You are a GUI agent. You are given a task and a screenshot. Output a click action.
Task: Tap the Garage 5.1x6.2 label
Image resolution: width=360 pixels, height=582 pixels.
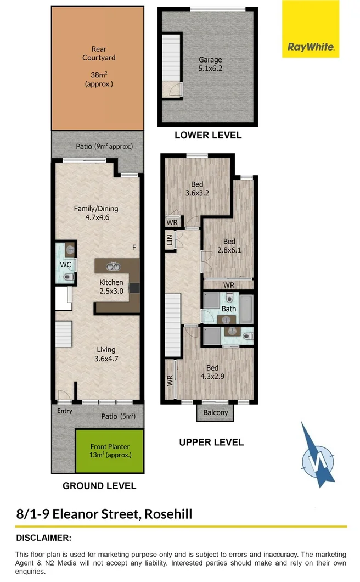coord(210,64)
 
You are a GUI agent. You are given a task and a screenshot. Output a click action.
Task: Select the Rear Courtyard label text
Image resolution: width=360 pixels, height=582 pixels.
coord(99,53)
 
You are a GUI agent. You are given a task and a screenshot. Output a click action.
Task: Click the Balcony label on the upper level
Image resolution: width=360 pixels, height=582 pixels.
coord(216,413)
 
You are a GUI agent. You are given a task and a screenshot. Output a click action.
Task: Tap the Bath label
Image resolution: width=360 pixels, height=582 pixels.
coord(229,309)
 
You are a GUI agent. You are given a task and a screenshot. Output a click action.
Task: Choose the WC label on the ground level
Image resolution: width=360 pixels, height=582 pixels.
coord(66,265)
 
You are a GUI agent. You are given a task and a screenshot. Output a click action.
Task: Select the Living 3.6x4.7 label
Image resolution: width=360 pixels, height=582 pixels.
coord(106,354)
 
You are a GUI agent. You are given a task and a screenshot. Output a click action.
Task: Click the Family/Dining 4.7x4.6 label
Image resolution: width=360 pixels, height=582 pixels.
coord(96,212)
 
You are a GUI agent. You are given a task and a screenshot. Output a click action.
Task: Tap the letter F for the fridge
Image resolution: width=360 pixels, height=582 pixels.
coord(134,248)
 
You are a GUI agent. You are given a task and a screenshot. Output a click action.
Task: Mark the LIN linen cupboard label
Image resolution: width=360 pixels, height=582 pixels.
coord(170,240)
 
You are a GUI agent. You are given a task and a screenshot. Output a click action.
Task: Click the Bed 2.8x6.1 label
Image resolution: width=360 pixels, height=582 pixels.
coord(229,246)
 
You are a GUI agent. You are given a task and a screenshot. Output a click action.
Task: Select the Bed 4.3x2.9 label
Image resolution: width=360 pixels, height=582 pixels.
coord(212,372)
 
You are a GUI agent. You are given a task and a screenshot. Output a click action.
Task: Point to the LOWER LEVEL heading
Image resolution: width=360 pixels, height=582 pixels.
coord(207,135)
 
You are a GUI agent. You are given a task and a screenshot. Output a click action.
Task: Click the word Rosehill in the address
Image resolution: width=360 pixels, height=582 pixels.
coord(168,514)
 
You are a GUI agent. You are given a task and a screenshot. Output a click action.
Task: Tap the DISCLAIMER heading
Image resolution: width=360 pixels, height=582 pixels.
coord(44,538)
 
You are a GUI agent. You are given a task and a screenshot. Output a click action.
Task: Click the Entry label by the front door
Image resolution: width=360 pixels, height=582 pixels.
coord(64,410)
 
